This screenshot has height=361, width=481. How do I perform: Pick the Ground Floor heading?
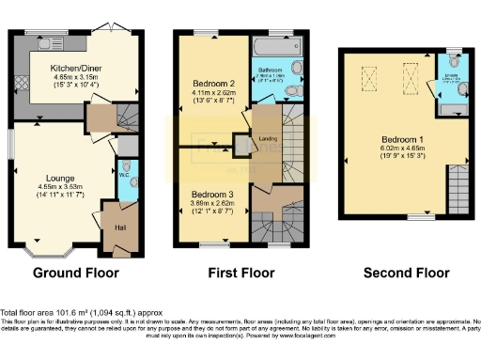75,275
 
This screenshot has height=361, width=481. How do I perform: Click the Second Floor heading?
405,275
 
